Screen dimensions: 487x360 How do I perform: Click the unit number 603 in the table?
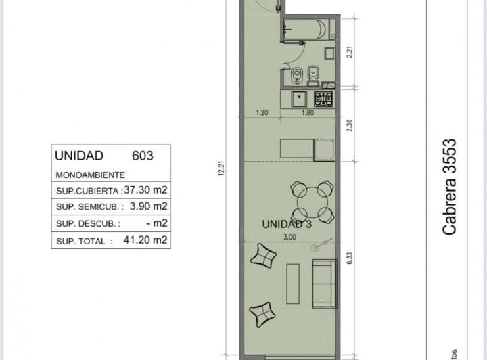[x=143, y=156]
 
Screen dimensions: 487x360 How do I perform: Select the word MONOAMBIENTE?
[x=91, y=175]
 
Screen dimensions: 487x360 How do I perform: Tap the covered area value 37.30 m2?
[x=145, y=189]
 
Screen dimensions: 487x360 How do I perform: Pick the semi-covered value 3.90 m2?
[x=148, y=206]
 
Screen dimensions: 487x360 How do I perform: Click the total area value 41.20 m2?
[x=145, y=240]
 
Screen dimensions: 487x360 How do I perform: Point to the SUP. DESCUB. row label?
[x=88, y=223]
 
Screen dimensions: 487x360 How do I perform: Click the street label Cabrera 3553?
[x=449, y=187]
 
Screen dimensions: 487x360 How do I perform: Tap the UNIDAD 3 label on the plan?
[x=287, y=224]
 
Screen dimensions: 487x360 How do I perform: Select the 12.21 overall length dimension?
[x=221, y=168]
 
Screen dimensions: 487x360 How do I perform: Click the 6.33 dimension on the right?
[x=350, y=258]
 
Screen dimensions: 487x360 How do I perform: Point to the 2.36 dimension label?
[x=350, y=125]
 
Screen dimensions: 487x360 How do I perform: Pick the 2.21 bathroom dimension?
[x=350, y=52]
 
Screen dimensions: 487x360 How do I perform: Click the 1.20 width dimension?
[x=262, y=113]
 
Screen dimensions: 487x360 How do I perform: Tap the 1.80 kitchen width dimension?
[x=308, y=113]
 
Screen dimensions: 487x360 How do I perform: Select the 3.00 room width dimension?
[x=289, y=237]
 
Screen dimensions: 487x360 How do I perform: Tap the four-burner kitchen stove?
[x=323, y=99]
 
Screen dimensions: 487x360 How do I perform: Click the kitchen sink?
[x=299, y=99]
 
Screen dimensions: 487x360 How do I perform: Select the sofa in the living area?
[x=325, y=284]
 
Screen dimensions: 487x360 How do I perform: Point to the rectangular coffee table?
[x=293, y=284]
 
